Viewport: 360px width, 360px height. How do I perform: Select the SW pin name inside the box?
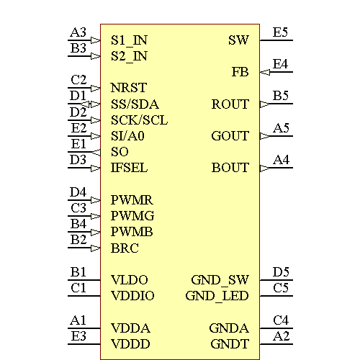click(x=238, y=40)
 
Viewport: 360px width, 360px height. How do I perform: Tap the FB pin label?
click(x=240, y=72)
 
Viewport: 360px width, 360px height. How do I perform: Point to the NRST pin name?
click(x=129, y=88)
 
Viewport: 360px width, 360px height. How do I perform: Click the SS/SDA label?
click(x=135, y=104)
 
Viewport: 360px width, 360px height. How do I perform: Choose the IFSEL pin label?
click(x=130, y=168)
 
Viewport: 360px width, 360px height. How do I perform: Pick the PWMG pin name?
click(x=132, y=215)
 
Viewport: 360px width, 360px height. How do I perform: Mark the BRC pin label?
click(x=125, y=248)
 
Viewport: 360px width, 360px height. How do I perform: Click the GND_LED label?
click(x=217, y=295)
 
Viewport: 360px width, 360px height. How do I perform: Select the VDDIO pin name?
click(x=132, y=295)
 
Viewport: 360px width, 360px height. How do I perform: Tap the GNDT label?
click(x=230, y=344)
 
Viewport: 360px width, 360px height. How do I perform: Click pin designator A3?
click(x=78, y=32)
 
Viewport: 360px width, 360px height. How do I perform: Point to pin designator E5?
click(x=281, y=32)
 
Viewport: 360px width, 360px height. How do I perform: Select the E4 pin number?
click(x=281, y=64)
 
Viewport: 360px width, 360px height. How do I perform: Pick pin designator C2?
click(x=78, y=80)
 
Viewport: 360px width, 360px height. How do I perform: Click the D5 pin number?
click(x=281, y=271)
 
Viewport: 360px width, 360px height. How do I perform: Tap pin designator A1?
click(x=78, y=320)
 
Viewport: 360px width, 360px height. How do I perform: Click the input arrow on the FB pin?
click(x=265, y=72)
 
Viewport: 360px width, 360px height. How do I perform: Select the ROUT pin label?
click(x=230, y=104)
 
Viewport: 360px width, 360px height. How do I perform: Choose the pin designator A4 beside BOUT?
click(x=281, y=159)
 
